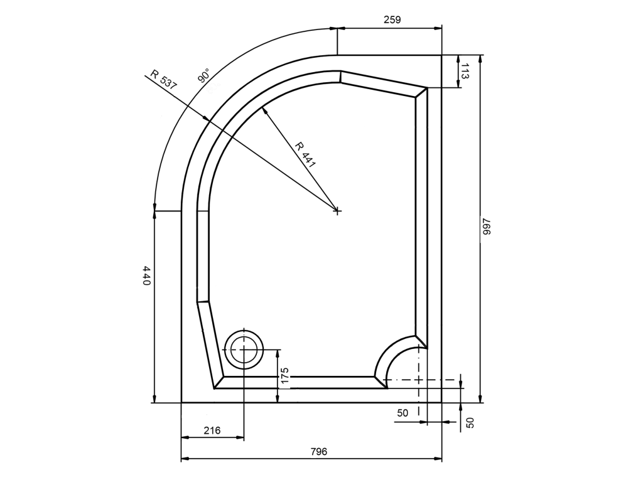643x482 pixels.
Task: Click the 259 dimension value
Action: (392, 19)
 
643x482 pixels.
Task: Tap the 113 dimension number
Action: (465, 71)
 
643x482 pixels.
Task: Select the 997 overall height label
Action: (487, 227)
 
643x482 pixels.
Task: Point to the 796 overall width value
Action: (319, 451)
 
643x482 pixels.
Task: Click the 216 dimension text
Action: (212, 430)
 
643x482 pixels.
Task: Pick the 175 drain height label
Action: (286, 376)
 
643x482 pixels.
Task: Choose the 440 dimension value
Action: (147, 276)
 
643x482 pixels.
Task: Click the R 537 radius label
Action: (164, 80)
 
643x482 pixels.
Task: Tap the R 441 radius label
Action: (306, 155)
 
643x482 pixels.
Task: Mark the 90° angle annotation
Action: (204, 76)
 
